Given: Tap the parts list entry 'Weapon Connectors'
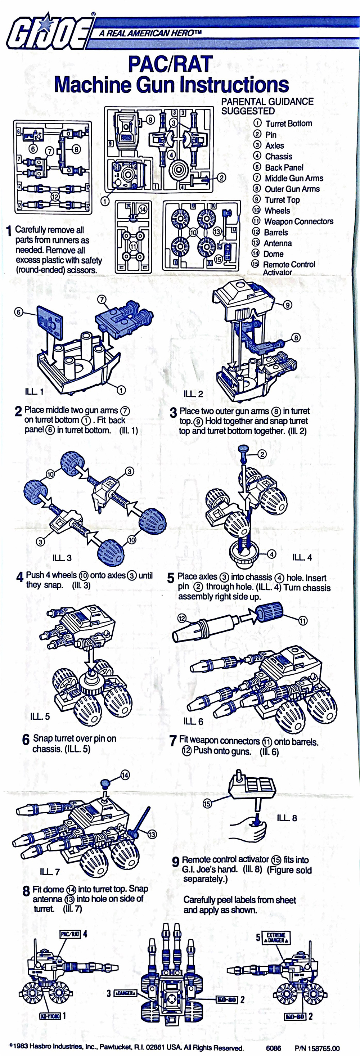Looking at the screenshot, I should point(298,221).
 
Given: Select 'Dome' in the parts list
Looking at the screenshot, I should point(273,254).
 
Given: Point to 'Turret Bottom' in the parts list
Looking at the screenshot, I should point(288,123).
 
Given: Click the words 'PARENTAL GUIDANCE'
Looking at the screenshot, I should point(267,102).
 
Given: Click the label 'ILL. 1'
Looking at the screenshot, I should point(34,391).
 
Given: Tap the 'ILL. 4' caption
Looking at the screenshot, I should point(302,557).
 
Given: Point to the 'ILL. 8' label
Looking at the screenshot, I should point(287,818).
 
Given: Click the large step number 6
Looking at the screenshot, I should point(26,740).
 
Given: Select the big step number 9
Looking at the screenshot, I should point(175,862).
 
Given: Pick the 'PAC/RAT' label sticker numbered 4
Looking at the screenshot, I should point(70,934).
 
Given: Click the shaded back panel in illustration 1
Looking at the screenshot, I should point(50,323).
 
